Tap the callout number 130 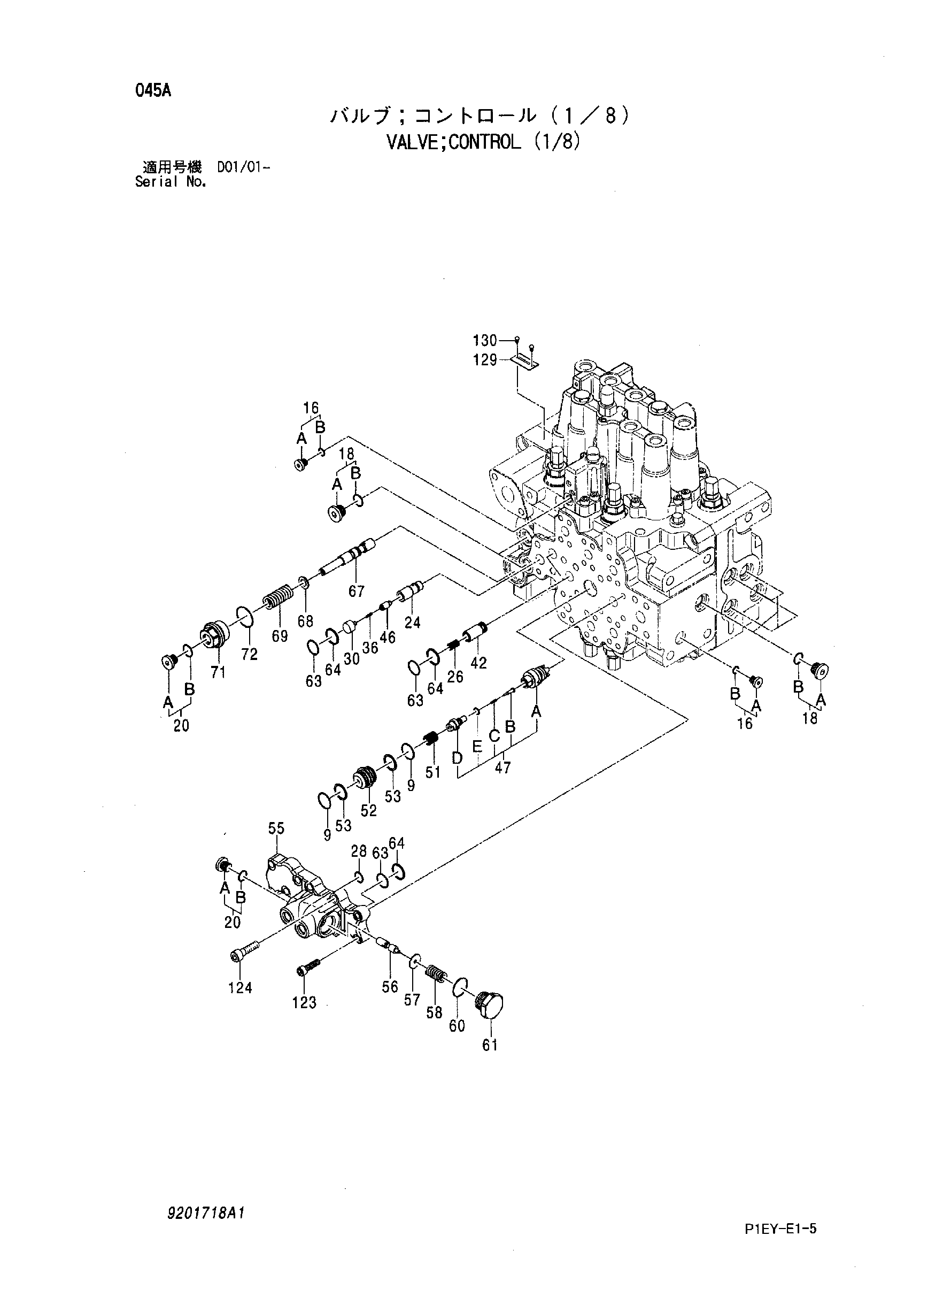[485, 340]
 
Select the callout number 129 [485, 360]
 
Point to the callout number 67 [357, 591]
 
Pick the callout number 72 [250, 654]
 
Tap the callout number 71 [218, 672]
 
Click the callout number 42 [478, 663]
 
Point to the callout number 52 [369, 810]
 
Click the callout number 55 [276, 828]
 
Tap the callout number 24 [412, 622]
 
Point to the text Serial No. [171, 182]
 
